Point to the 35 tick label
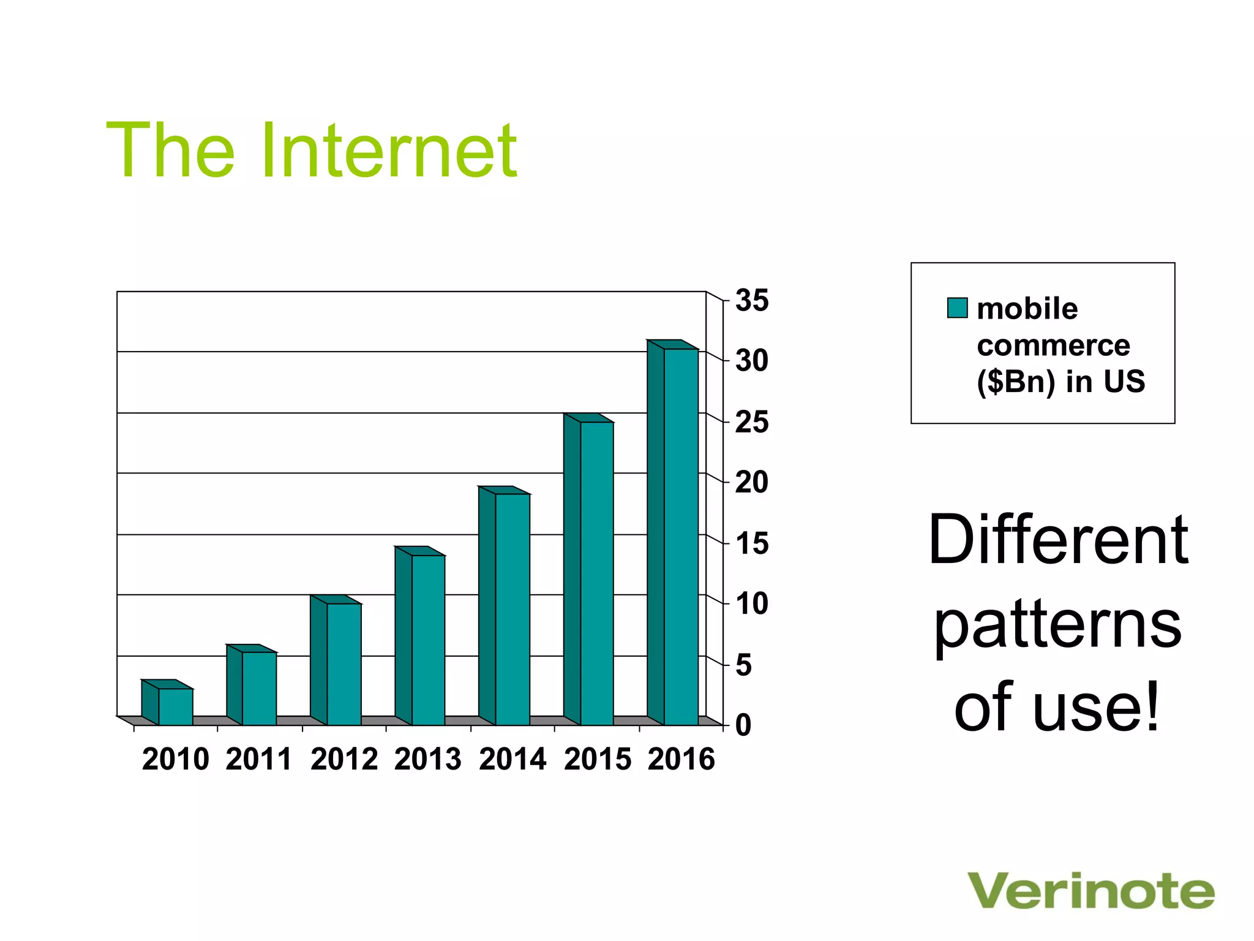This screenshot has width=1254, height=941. click(751, 301)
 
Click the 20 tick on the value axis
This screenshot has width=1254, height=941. click(751, 483)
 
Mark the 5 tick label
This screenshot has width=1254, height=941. click(743, 665)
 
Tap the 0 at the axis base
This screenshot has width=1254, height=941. click(743, 725)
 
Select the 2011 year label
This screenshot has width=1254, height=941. click(259, 759)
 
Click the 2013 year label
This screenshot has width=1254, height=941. click(427, 759)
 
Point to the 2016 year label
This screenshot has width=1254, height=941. click(681, 759)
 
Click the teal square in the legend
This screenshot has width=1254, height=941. click(957, 308)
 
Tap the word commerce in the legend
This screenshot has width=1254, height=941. click(1053, 346)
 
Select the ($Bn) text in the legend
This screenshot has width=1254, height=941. click(1016, 382)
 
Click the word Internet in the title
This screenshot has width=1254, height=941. click(389, 151)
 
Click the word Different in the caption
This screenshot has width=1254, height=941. click(1057, 540)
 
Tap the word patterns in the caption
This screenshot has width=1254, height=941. click(1057, 626)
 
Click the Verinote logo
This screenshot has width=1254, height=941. click(1091, 891)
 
